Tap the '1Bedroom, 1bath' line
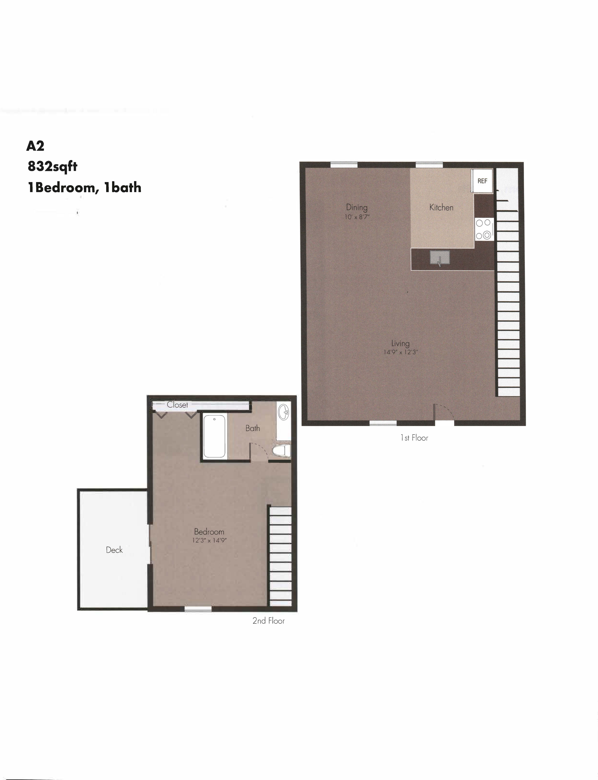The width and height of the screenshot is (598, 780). click(x=84, y=187)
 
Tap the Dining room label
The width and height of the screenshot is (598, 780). click(x=357, y=207)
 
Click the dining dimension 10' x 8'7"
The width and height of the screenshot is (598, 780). click(x=357, y=217)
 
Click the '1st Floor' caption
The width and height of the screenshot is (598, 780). click(x=414, y=438)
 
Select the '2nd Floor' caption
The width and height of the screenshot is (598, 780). click(x=268, y=621)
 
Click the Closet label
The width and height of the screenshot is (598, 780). click(x=177, y=405)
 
